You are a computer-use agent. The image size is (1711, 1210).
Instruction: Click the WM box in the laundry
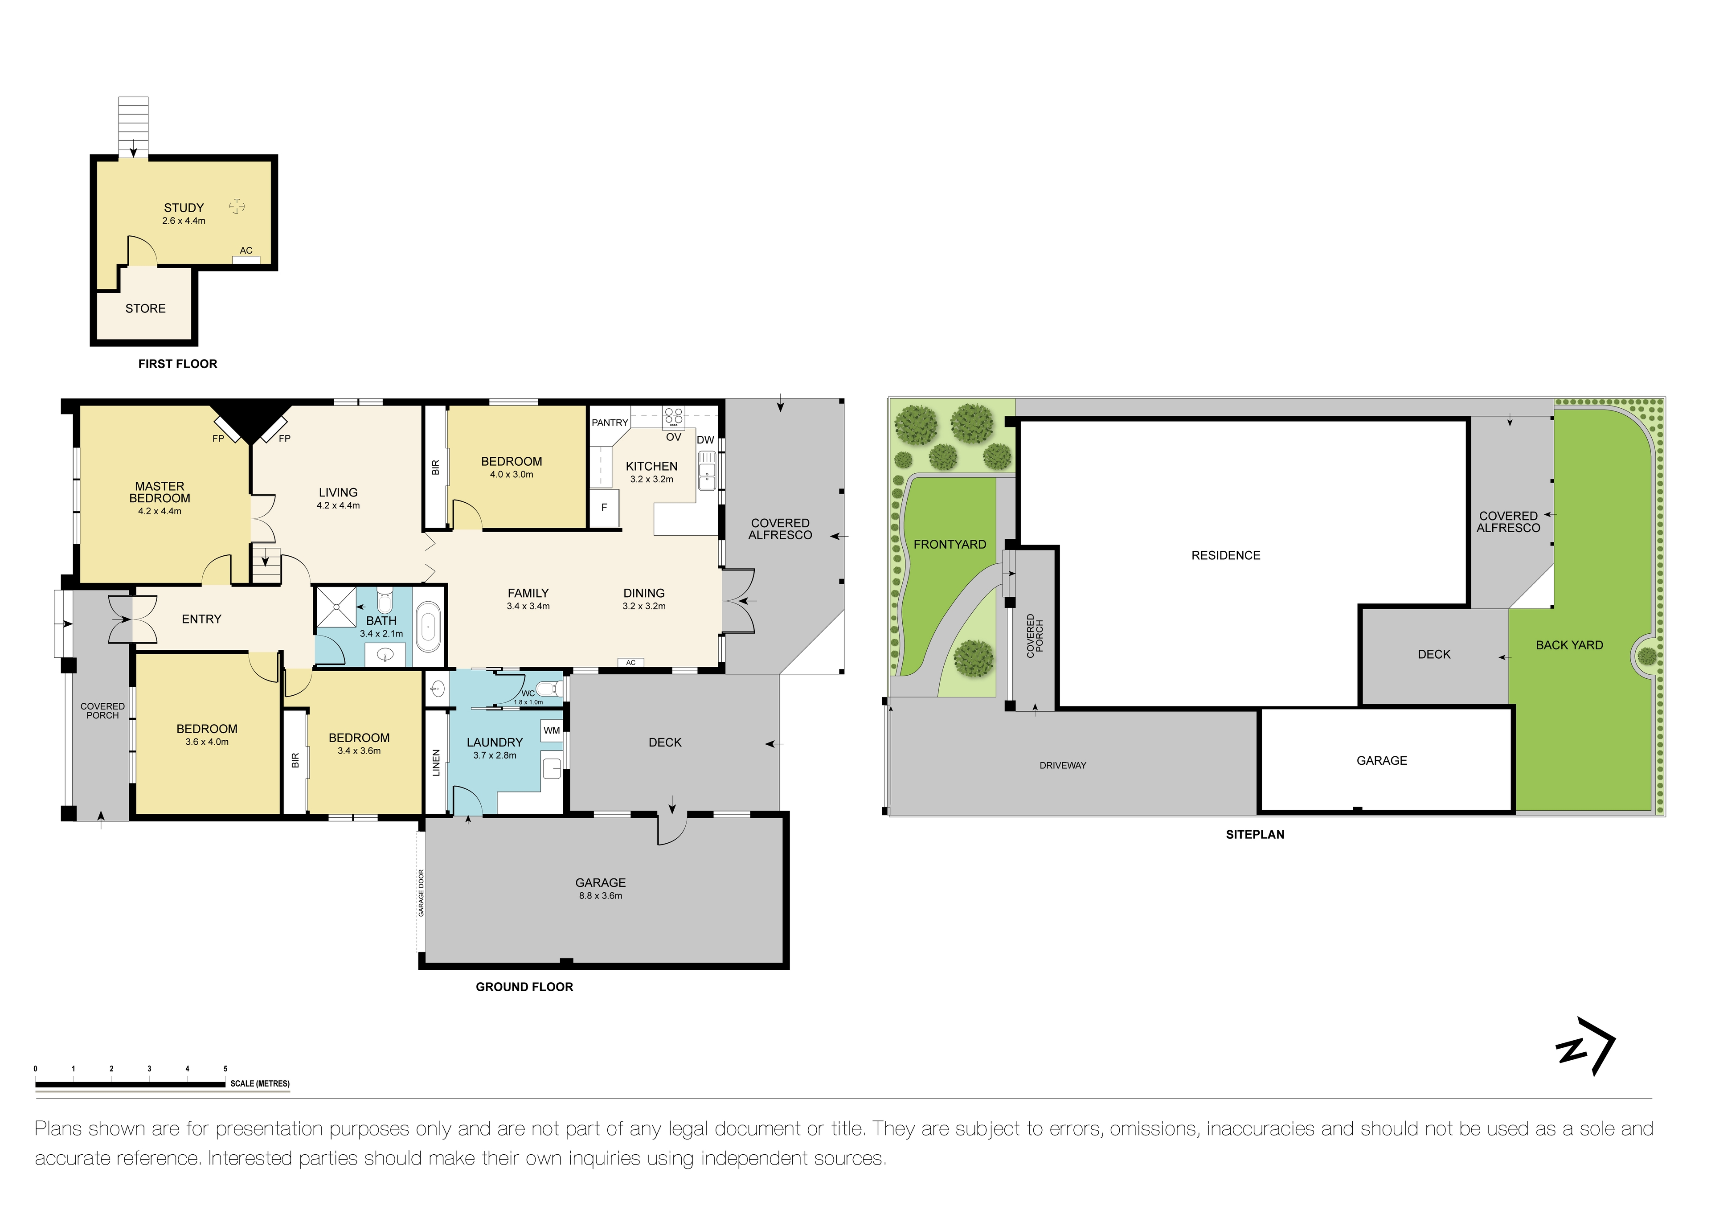(552, 730)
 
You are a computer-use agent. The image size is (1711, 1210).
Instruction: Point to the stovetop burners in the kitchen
(674, 416)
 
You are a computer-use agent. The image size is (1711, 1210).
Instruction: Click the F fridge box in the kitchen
(604, 508)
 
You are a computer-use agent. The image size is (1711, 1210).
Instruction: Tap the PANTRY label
(610, 422)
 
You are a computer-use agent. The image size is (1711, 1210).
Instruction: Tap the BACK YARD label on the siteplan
(1569, 645)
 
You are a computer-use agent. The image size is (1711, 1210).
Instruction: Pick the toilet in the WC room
(549, 687)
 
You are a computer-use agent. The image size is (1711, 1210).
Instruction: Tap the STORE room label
(145, 309)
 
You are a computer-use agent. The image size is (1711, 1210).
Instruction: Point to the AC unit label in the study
(246, 250)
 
